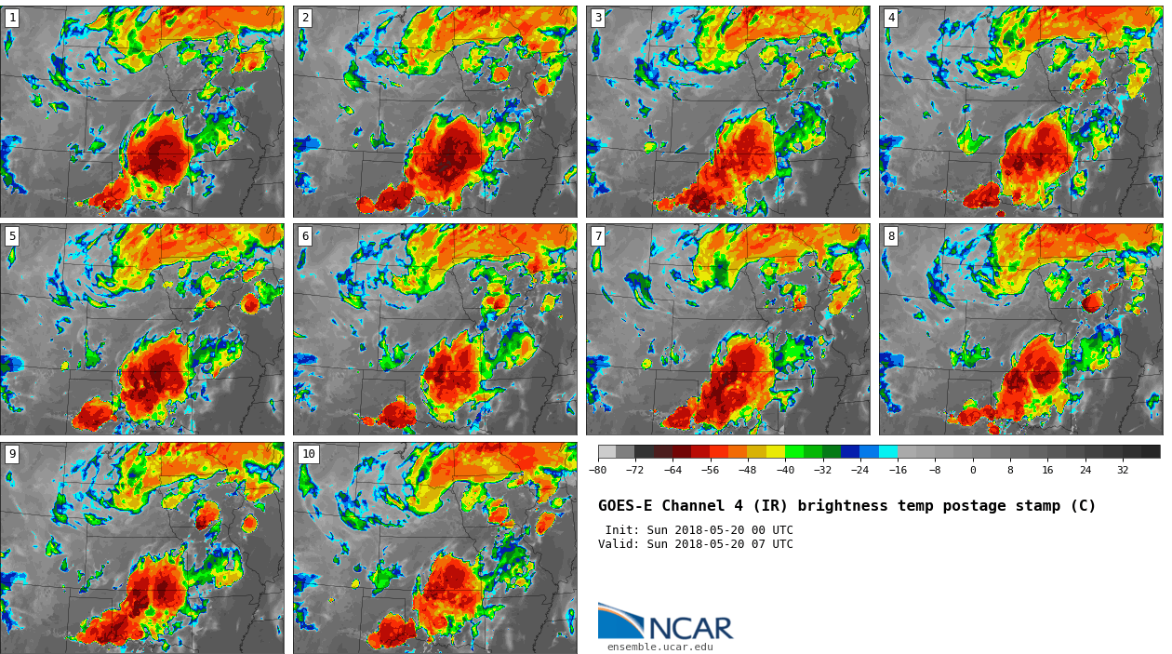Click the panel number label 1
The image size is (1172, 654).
12,18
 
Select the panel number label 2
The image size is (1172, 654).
305,18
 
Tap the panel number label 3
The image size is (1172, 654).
598,18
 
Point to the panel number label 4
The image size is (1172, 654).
891,18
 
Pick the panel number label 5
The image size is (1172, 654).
12,236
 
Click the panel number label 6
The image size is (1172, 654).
305,236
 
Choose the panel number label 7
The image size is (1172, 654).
598,236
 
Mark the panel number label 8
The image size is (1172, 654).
891,236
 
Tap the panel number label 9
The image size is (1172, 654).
12,454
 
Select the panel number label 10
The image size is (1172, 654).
308,454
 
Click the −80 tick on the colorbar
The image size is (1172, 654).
597,471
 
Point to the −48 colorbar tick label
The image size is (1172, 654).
747,471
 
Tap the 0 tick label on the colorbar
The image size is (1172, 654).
973,471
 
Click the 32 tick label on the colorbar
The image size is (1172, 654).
1123,471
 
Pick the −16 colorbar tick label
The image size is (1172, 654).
898,471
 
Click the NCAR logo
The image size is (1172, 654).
665,624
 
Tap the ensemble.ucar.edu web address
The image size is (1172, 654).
659,647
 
